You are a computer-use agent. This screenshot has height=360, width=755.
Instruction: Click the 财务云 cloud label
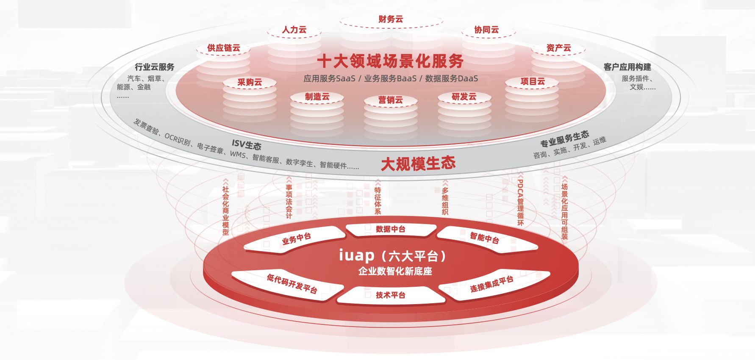(391, 19)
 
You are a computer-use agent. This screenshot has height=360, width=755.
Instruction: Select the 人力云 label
(294, 30)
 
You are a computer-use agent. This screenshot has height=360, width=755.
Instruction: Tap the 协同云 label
(486, 30)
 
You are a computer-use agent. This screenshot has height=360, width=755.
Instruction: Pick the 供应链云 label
(223, 48)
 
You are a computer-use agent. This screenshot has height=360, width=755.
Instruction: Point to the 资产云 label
(558, 48)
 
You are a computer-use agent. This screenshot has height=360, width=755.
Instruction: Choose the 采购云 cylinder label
(250, 82)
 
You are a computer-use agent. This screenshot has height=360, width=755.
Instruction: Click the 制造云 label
(317, 97)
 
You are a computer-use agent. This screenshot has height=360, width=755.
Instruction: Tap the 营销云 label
(390, 100)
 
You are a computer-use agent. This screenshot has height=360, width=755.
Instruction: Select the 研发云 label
(464, 97)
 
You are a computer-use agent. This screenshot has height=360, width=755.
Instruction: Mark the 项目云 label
(533, 81)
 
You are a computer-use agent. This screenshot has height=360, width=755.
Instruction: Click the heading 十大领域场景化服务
(390, 61)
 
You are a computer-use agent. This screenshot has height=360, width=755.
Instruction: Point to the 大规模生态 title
(418, 163)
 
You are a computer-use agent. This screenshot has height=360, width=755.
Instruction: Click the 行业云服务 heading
(154, 67)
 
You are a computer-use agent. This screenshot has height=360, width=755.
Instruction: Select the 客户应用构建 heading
(627, 67)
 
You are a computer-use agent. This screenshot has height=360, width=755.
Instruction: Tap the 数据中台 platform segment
(390, 229)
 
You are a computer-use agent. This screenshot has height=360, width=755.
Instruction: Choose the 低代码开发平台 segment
(292, 283)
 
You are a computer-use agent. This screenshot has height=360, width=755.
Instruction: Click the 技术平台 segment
(390, 295)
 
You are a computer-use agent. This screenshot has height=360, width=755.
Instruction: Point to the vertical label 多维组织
(445, 201)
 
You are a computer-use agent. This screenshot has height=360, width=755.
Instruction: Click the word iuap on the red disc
(357, 255)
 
